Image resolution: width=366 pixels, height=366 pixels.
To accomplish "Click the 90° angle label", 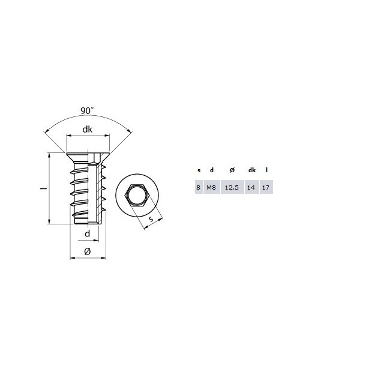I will [x=87, y=111].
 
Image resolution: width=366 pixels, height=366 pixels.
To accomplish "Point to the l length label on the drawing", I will [x=42, y=188].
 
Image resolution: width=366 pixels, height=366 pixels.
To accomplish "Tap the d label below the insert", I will [x=87, y=233].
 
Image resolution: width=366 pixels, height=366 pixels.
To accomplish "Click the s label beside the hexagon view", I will [x=152, y=221].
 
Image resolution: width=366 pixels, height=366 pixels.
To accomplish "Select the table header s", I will [x=199, y=170].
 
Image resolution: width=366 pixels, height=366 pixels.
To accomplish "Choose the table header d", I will [x=211, y=170].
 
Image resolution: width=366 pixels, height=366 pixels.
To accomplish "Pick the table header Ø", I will [x=232, y=170].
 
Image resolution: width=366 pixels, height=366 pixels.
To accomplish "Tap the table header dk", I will [x=252, y=170].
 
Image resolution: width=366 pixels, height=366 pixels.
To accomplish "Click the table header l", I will [x=266, y=170].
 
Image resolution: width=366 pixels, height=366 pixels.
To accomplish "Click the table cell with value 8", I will [x=199, y=188].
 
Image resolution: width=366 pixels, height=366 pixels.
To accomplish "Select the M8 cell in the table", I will [x=211, y=188].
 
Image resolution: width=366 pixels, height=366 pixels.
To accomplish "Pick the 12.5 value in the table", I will [x=231, y=188].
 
